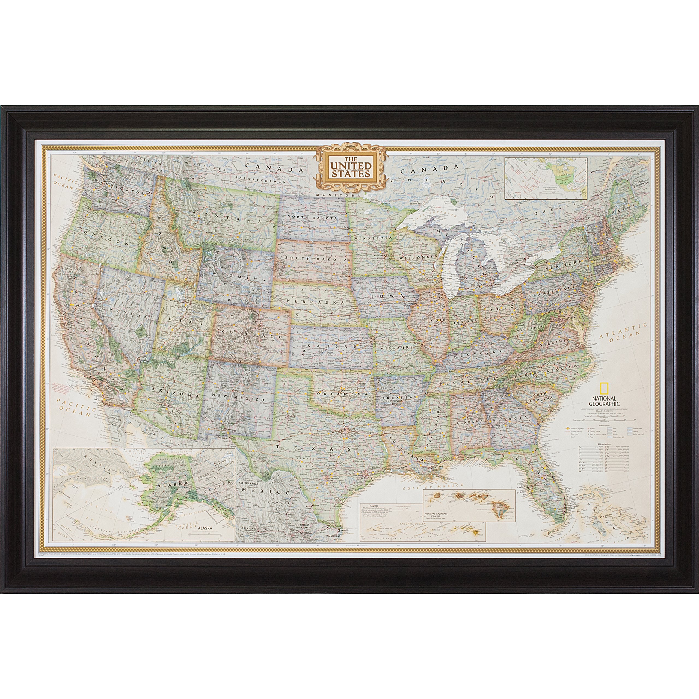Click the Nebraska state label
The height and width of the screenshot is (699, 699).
pyautogui.click(x=315, y=300)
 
